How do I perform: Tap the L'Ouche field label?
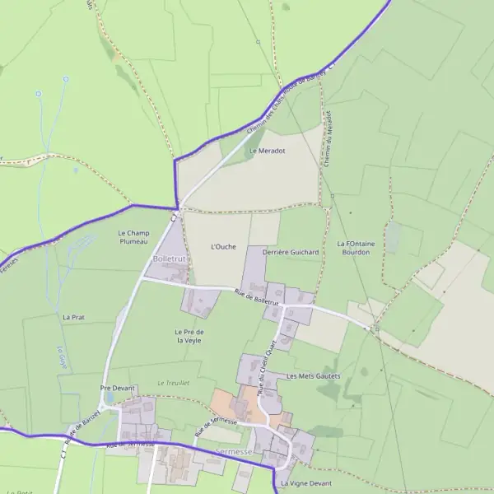click(x=223, y=246)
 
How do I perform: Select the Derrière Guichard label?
click(x=290, y=252)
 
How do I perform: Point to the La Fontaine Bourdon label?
click(x=354, y=248)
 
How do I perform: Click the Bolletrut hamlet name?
click(x=170, y=259)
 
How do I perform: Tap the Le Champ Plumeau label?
click(x=133, y=237)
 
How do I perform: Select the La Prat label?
click(x=73, y=316)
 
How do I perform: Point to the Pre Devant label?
click(x=116, y=387)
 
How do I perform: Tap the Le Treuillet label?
click(x=174, y=383)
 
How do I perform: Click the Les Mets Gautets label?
click(x=313, y=375)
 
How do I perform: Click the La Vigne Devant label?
click(x=305, y=482)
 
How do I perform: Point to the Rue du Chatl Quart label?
click(x=268, y=369)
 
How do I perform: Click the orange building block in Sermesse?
click(x=239, y=405)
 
